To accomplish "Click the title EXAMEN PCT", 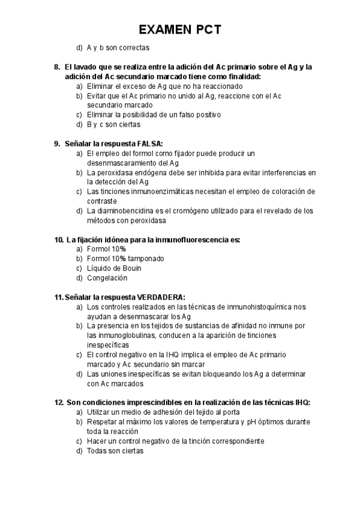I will pos(179,29).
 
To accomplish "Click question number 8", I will pos(57,67).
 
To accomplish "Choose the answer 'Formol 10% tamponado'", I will pos(125,259).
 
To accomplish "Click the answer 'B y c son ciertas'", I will pos(113,124).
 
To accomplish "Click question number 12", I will pos(58,403).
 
